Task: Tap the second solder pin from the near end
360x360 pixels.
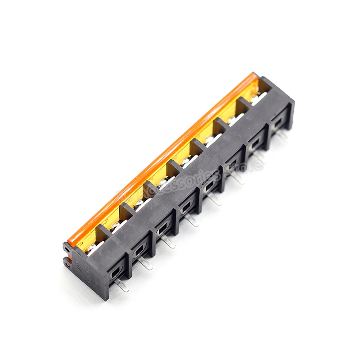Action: click(145, 263)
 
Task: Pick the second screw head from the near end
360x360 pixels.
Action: click(117, 225)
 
